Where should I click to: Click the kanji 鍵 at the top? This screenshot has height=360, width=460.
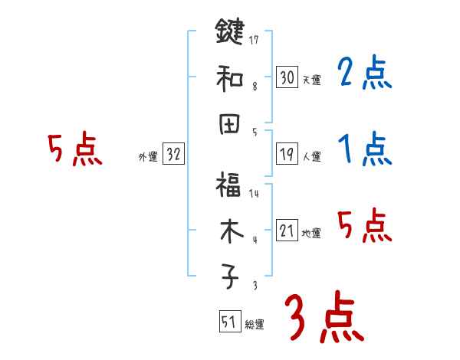(x=229, y=34)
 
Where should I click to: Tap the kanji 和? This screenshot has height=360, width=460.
(x=229, y=77)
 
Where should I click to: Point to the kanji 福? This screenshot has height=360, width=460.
(x=229, y=186)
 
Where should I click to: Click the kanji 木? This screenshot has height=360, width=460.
(x=229, y=232)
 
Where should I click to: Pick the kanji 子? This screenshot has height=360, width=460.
(x=229, y=277)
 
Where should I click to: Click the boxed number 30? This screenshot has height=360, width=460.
(x=287, y=77)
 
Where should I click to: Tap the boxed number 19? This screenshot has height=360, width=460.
(x=287, y=154)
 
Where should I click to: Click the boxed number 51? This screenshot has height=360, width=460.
(x=228, y=322)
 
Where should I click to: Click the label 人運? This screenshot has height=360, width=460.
(x=311, y=156)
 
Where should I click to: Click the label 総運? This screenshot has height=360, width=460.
(x=254, y=325)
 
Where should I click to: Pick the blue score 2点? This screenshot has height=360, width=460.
(x=364, y=74)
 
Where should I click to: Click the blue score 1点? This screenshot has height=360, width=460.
(x=364, y=149)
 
